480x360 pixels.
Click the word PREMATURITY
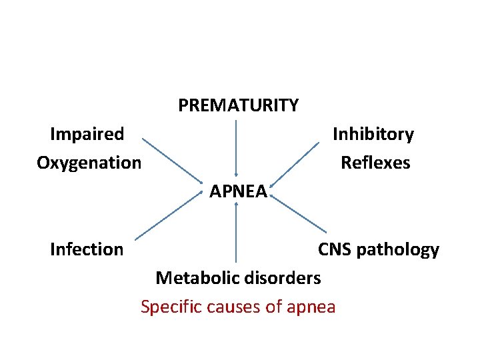[238, 105]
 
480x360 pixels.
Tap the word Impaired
[87, 134]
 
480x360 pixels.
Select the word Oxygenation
[89, 163]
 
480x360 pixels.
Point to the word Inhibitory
[373, 134]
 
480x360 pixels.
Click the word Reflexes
[375, 163]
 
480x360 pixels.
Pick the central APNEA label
[238, 192]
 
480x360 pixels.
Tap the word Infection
[87, 249]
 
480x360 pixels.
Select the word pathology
[398, 250]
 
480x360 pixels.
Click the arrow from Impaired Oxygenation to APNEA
[171, 160]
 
